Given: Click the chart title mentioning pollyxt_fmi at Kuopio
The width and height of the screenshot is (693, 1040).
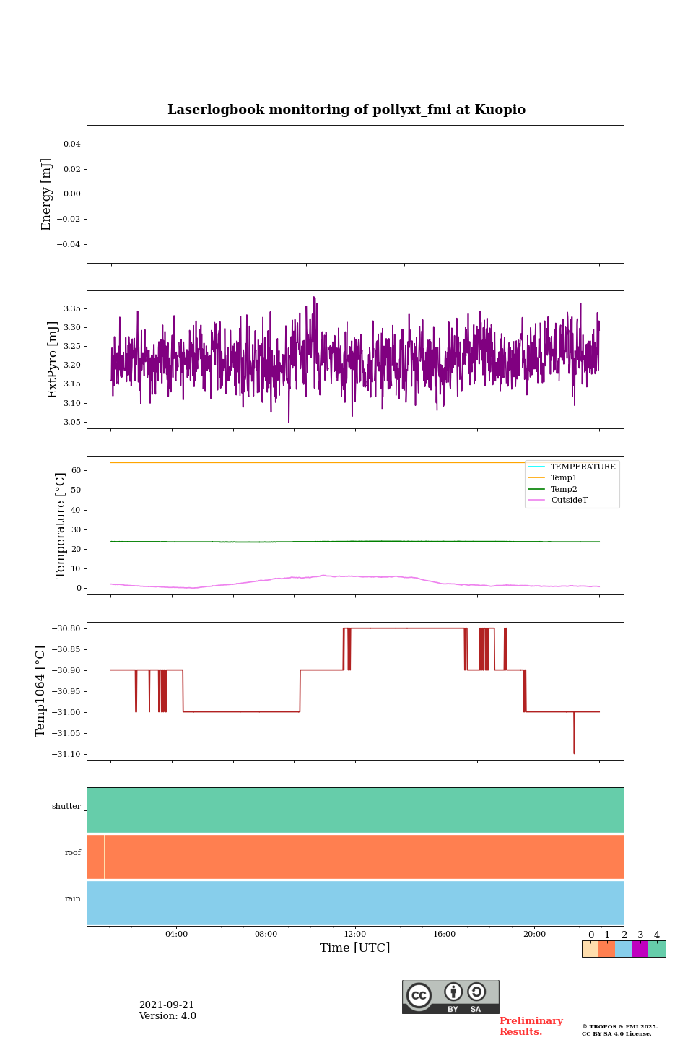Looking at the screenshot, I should pos(346,110).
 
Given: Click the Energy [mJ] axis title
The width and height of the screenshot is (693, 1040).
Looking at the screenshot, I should pos(47,194).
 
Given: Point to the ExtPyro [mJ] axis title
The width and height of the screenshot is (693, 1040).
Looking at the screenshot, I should pos(53,360).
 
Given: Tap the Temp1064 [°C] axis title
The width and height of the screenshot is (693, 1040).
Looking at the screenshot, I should pos(41,691).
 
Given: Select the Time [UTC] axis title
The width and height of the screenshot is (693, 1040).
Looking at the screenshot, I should pos(355,948).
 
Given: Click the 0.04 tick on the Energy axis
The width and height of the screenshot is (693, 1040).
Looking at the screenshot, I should pos(71,144).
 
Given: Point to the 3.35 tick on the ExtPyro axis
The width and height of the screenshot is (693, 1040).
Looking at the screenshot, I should pos(71,308).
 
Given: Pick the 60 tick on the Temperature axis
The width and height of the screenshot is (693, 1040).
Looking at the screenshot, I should pos(76,470).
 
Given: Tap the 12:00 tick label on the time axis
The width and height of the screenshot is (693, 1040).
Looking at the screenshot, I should pos(355,934).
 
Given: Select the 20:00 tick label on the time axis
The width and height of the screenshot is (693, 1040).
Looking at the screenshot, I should pos(534,934).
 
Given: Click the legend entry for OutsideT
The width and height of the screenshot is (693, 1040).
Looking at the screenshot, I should pos(569,500).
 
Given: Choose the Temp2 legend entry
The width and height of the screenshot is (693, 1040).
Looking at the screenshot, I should pos(564,490).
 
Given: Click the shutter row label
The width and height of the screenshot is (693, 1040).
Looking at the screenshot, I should pos(66,807).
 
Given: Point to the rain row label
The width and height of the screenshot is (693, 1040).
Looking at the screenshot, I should pos(73,899).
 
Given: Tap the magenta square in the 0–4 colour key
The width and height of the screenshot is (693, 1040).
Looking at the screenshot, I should pos(640,949).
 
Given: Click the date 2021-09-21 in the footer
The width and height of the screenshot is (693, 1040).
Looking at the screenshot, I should pos(167,1005).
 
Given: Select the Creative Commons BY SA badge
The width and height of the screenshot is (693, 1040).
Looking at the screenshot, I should pos(450,997).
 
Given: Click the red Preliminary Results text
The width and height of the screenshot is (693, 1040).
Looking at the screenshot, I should pos(531,1026).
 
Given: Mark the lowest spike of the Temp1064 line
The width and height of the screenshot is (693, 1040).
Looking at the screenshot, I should pos(575,753).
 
